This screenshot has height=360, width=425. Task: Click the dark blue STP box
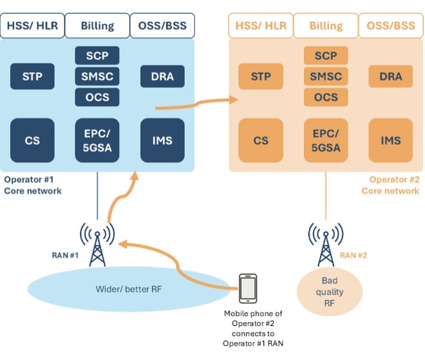tap(32, 77)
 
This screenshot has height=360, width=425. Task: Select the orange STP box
tap(260, 77)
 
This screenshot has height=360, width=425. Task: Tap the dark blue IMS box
tap(162, 140)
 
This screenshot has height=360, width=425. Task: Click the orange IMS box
tap(390, 140)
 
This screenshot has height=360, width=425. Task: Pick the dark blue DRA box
tap(162, 77)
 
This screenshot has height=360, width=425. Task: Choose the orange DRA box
tap(390, 77)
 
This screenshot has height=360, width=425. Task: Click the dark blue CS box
tap(32, 140)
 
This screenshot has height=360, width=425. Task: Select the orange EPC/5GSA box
tap(325, 140)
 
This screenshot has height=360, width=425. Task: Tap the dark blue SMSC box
tap(97, 77)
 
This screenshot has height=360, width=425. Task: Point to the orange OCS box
tap(325, 97)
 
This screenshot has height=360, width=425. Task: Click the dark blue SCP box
tap(97, 55)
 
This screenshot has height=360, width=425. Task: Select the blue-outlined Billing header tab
tap(97, 26)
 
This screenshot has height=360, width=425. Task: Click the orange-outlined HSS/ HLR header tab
tap(260, 26)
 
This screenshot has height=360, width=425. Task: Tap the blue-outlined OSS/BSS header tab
tap(162, 26)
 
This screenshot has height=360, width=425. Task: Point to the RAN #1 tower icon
tap(97, 245)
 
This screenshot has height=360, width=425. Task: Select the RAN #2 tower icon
tap(325, 245)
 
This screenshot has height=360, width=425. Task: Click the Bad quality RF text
tap(333, 292)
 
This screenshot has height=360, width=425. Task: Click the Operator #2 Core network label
tap(393, 185)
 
